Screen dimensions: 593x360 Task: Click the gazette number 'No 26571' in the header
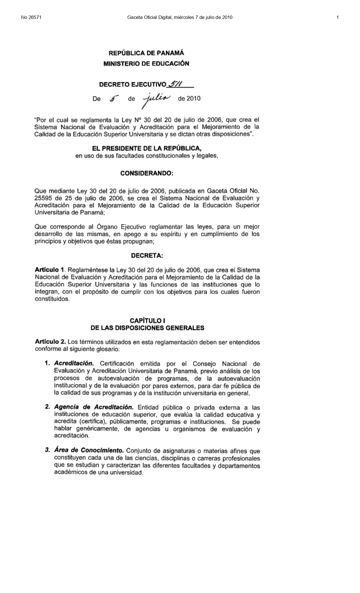point(31,18)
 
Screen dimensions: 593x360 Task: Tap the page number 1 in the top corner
point(337,18)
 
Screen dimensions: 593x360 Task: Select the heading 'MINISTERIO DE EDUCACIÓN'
point(146,64)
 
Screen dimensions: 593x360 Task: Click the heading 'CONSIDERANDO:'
point(147,173)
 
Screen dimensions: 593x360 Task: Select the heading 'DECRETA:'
point(147,256)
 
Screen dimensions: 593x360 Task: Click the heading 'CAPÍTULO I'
point(147,321)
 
